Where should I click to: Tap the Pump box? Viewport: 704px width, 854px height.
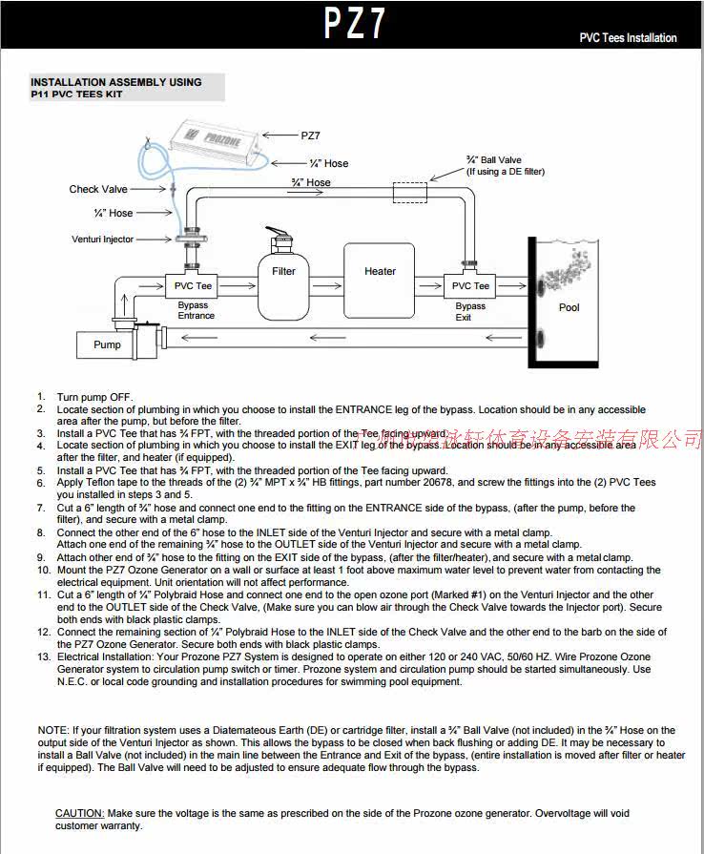click(x=107, y=344)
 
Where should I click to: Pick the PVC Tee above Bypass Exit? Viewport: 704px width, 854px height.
click(x=470, y=285)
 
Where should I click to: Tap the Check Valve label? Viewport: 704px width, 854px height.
click(x=97, y=189)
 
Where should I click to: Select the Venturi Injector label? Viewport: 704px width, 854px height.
click(x=103, y=240)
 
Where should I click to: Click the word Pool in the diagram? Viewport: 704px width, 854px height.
click(x=569, y=307)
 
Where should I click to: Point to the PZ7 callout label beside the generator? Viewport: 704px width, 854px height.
click(x=310, y=135)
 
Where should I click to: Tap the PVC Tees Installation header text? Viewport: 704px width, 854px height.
click(x=628, y=38)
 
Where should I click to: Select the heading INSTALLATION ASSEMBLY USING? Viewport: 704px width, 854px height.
click(x=116, y=82)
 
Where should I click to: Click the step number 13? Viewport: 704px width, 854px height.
click(x=44, y=656)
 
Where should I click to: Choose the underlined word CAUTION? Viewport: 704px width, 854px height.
click(x=79, y=814)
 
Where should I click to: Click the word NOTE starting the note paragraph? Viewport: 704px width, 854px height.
click(x=53, y=731)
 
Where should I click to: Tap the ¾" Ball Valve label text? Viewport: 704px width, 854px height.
click(x=493, y=160)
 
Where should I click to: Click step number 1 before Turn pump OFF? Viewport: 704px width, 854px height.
click(x=42, y=396)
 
